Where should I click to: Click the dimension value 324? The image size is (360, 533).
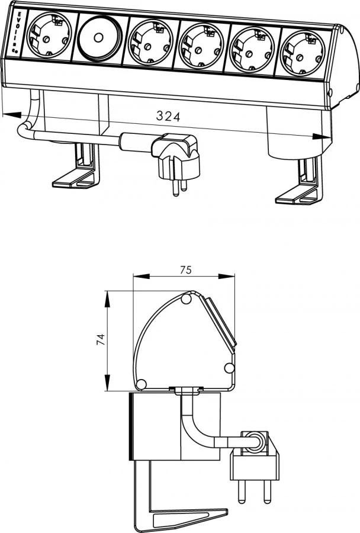point(168,116)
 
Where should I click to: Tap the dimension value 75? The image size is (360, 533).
point(185,270)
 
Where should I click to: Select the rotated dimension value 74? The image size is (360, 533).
point(101,339)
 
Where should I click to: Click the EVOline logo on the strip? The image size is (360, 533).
point(18,33)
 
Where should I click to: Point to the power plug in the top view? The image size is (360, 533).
point(178,159)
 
